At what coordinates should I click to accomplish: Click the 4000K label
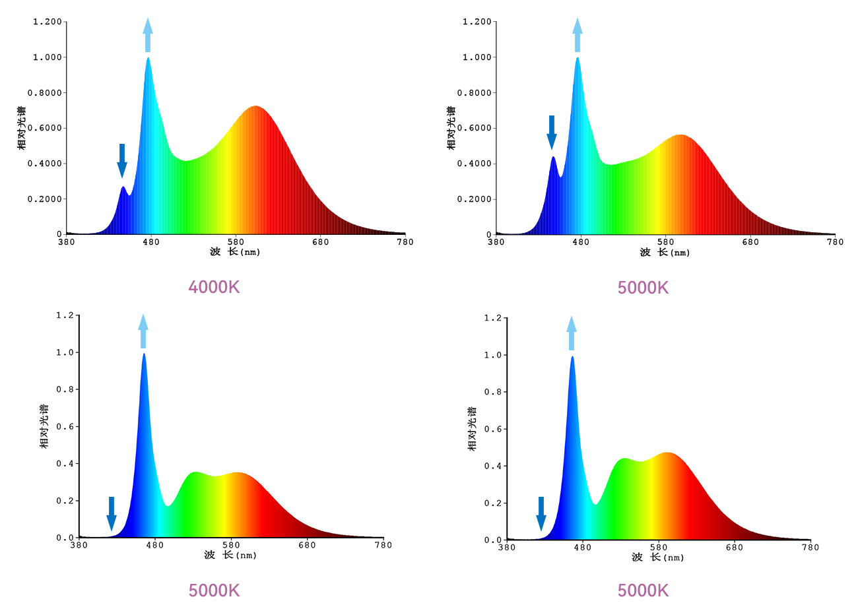pyautogui.click(x=214, y=288)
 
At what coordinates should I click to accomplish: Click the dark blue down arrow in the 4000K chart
pyautogui.click(x=122, y=160)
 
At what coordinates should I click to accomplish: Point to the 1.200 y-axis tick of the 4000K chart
pyautogui.click(x=48, y=22)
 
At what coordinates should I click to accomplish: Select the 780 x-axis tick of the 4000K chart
pyautogui.click(x=405, y=242)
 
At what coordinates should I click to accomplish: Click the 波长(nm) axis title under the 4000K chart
pyautogui.click(x=235, y=252)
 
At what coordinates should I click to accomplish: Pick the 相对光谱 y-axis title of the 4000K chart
pyautogui.click(x=22, y=127)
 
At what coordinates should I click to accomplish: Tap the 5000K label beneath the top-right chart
pyautogui.click(x=643, y=288)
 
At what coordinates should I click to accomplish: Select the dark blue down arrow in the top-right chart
pyautogui.click(x=552, y=132)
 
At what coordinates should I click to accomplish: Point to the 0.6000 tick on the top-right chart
pyautogui.click(x=478, y=128)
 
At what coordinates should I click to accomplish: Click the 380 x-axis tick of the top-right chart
pyautogui.click(x=496, y=242)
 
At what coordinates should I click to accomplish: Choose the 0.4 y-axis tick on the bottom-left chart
pyautogui.click(x=65, y=464)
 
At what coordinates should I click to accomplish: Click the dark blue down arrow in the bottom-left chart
pyautogui.click(x=112, y=513)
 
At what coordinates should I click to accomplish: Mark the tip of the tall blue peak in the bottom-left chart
pyautogui.click(x=143, y=354)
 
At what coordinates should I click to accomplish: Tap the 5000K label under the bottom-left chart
pyautogui.click(x=214, y=590)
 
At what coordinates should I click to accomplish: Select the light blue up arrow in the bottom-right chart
pyautogui.click(x=572, y=333)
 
